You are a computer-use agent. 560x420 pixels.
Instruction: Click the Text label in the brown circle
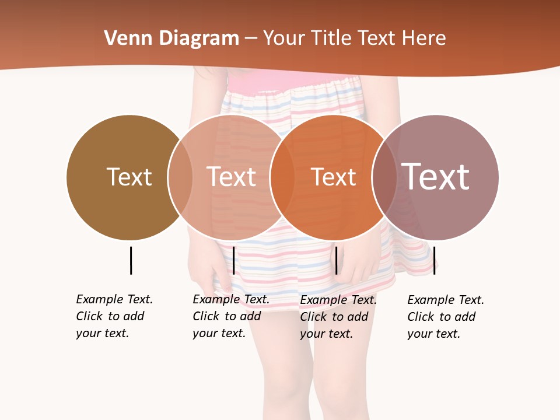coord(129,177)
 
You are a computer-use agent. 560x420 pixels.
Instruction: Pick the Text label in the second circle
coord(231,177)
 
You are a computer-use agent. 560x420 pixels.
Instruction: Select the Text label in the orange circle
coord(333,177)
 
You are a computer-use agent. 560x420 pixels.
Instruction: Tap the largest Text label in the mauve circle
coord(436,177)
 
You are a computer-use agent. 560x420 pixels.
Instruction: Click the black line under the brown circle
coord(131,260)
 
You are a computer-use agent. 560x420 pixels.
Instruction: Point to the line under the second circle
coord(233,260)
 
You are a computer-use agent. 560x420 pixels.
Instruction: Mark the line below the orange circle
coord(336,260)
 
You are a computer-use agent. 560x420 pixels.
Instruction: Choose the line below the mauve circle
coord(434,260)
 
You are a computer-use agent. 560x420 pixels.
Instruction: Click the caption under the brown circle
coord(114,316)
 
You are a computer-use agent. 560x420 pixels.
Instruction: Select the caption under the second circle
coord(230,316)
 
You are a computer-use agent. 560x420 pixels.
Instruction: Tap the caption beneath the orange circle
coord(338,317)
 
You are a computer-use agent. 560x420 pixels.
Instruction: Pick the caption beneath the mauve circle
coord(445,317)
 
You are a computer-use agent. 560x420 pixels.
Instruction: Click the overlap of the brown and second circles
coord(180,177)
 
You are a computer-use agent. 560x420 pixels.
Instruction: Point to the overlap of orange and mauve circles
coord(384,177)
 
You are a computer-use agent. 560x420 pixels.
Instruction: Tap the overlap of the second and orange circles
coord(282,177)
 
